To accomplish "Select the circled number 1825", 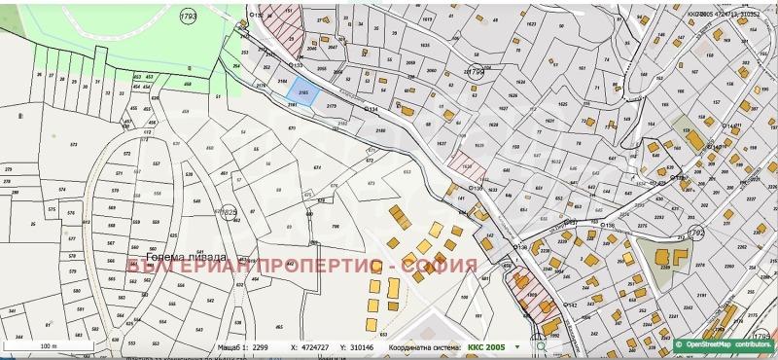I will (x=229, y=212).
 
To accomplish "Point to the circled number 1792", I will (x=695, y=234).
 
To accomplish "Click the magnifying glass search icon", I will (x=541, y=345).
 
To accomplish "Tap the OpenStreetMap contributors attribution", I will (x=725, y=344).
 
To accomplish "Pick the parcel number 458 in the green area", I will (x=187, y=86).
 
